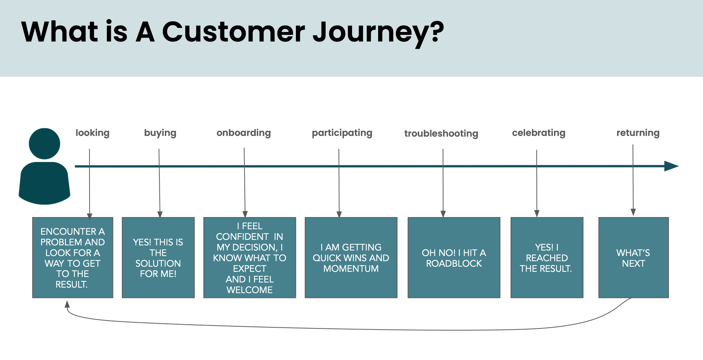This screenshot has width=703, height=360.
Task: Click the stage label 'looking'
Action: pyautogui.click(x=93, y=133)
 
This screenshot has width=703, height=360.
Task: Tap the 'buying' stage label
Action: pyautogui.click(x=160, y=133)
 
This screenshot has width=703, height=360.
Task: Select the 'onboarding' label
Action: pyautogui.click(x=243, y=133)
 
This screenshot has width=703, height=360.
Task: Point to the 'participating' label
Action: pyautogui.click(x=342, y=133)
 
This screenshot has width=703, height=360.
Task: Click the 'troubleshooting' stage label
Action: pyautogui.click(x=441, y=134)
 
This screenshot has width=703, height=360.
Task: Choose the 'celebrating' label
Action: pyautogui.click(x=539, y=133)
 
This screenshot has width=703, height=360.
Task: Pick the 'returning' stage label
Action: pyautogui.click(x=638, y=133)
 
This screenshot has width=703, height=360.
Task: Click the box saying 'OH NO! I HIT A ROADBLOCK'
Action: pyautogui.click(x=454, y=258)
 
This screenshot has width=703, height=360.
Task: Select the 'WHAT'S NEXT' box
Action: pyautogui.click(x=633, y=258)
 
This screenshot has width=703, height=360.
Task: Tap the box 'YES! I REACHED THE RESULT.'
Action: pyautogui.click(x=547, y=258)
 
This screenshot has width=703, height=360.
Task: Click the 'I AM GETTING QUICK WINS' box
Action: pyautogui.click(x=351, y=258)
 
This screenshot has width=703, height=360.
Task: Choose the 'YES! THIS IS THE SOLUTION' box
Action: pyautogui.click(x=158, y=258)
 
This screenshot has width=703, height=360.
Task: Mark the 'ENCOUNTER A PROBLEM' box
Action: pyautogui.click(x=73, y=258)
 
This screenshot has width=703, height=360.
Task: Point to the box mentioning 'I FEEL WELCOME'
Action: pyautogui.click(x=250, y=258)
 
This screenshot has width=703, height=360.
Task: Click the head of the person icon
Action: pyautogui.click(x=44, y=144)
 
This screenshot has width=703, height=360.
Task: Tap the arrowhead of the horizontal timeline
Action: pyautogui.click(x=672, y=166)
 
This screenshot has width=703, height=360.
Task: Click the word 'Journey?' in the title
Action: pyautogui.click(x=378, y=32)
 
